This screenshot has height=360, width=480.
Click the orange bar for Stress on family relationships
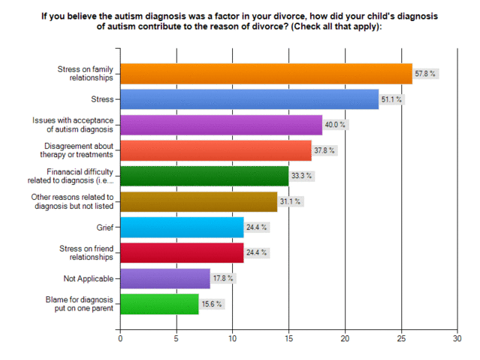[x=266, y=73]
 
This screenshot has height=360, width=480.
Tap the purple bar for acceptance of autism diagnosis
[x=221, y=125]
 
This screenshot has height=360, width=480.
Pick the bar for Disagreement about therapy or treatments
[x=216, y=150]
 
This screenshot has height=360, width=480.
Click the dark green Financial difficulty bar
[x=204, y=176]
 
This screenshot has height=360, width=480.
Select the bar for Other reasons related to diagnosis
[x=198, y=201]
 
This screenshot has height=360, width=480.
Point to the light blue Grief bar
[x=182, y=227]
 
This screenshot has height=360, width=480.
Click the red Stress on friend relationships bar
[x=182, y=253]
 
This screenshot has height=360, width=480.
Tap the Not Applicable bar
[x=165, y=278]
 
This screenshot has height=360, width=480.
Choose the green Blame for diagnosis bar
[x=160, y=304]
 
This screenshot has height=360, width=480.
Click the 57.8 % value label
[x=426, y=74]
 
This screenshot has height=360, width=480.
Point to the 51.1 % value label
[x=392, y=99]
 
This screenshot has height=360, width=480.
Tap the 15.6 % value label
[x=213, y=304]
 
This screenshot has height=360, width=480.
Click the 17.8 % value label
[x=225, y=278]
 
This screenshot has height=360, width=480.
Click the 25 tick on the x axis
[x=401, y=339]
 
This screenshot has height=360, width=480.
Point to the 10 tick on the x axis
[x=232, y=339]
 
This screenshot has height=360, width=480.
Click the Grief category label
[x=103, y=227]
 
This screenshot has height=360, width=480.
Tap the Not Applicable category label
[x=88, y=278]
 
